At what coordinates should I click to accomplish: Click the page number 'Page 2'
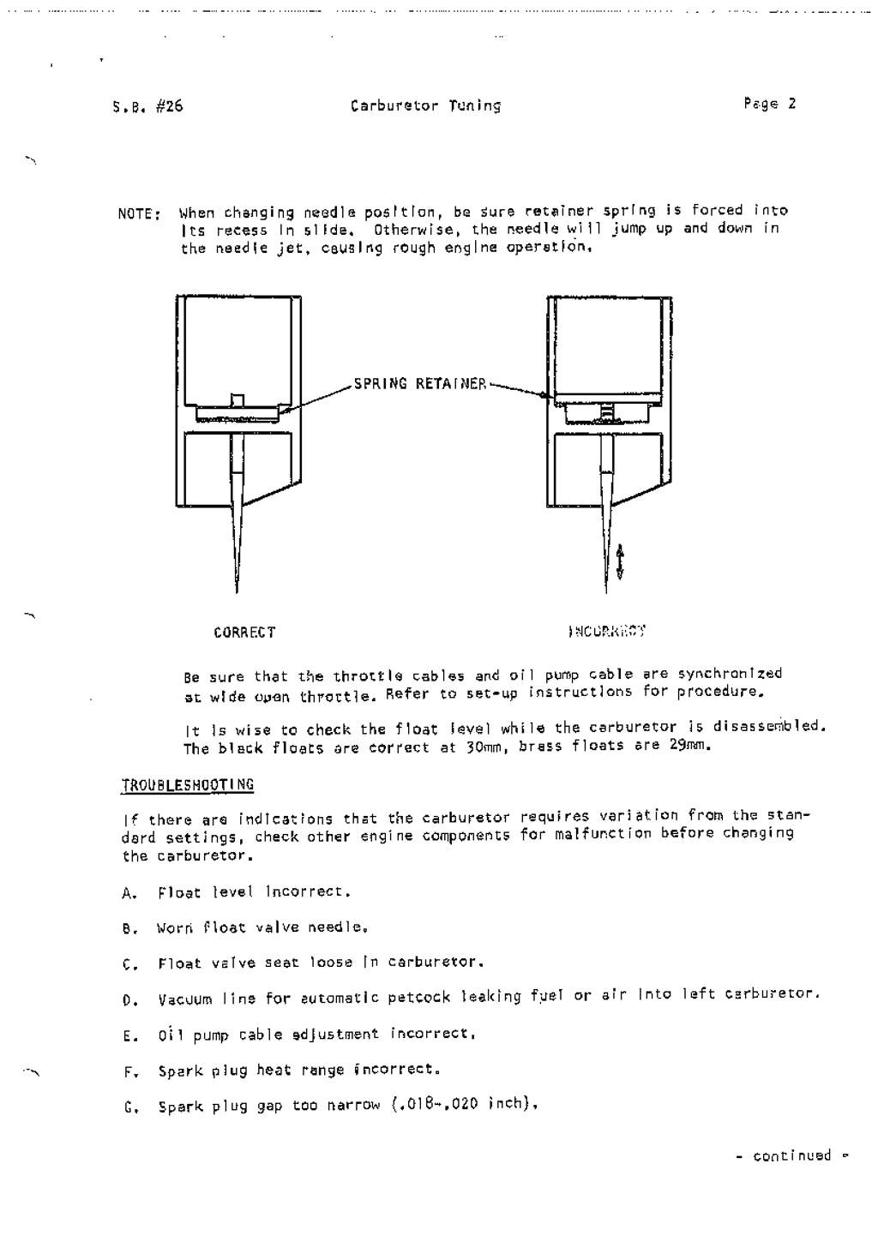(770, 104)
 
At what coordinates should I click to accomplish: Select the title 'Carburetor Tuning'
(425, 106)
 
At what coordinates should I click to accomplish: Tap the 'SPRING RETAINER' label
(419, 384)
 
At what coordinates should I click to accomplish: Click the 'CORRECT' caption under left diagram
(244, 633)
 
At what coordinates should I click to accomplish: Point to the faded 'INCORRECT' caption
(607, 632)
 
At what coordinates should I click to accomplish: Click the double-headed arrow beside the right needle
(621, 561)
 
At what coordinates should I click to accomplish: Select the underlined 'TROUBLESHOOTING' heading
(188, 784)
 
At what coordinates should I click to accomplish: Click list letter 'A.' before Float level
(129, 894)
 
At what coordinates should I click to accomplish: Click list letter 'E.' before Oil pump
(129, 1036)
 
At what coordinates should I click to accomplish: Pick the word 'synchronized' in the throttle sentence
(730, 674)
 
